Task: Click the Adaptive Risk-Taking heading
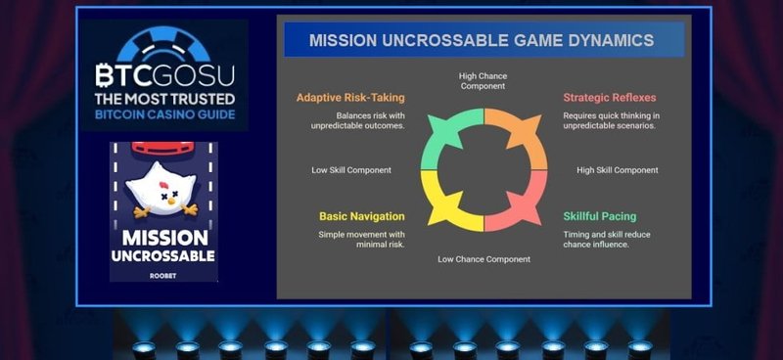[x=350, y=98]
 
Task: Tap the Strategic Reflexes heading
[x=609, y=98]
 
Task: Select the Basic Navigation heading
[x=361, y=216]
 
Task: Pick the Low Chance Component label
[x=484, y=259]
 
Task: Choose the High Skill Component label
[x=618, y=170]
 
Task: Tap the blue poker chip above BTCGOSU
[x=164, y=44]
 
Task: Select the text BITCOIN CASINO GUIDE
[x=164, y=114]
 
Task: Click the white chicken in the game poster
[x=163, y=190]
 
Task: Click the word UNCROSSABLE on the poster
[x=164, y=255]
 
